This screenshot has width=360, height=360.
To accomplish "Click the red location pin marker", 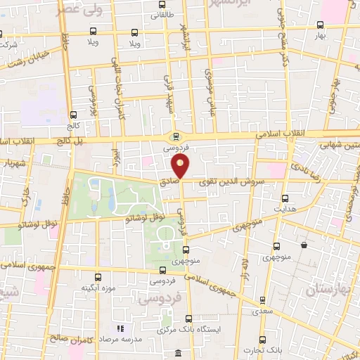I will [x=181, y=167].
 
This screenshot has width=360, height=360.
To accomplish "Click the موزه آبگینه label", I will [x=98, y=288].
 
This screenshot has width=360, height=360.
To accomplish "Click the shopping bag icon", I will [x=303, y=245].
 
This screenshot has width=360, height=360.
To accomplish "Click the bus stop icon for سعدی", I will [x=263, y=299].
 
